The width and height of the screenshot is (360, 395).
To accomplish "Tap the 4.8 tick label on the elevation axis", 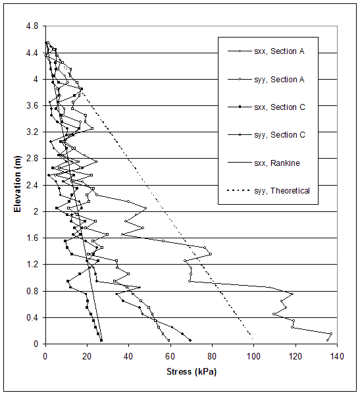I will (x=32, y=26).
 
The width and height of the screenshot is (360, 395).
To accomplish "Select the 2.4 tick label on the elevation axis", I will (x=32, y=185).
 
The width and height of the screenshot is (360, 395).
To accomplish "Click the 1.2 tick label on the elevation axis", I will (x=32, y=265).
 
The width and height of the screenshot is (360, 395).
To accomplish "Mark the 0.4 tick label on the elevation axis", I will (x=32, y=317).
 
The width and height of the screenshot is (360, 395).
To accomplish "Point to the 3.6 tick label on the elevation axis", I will (x=32, y=106).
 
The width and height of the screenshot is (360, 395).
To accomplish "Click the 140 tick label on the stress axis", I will (x=336, y=356).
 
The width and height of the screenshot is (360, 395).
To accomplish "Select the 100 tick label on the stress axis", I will (x=253, y=356).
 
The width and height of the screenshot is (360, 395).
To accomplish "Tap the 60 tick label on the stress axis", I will (x=170, y=356).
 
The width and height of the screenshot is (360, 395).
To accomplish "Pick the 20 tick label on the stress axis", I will (x=87, y=356).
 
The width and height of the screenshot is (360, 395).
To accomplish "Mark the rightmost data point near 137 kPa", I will (x=331, y=334).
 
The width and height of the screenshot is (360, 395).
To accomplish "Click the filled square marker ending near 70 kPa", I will (x=190, y=340).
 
